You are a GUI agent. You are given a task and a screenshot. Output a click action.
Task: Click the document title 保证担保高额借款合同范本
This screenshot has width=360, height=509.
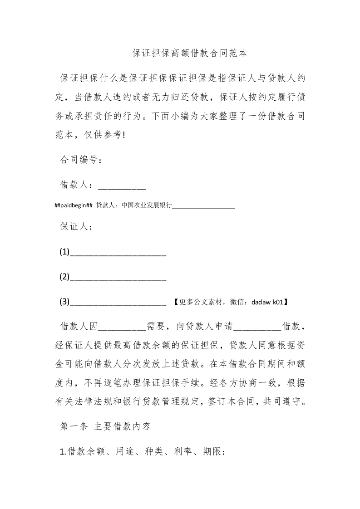pos(190,53)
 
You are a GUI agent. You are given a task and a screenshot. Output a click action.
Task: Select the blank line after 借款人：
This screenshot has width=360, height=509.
pos(122,186)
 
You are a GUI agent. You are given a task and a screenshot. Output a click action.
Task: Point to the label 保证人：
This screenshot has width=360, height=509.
pos(76,227)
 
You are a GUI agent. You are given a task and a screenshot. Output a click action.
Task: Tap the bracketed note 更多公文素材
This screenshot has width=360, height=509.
pos(200,302)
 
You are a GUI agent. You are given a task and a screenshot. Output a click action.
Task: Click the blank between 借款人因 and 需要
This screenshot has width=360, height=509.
pos(122,327)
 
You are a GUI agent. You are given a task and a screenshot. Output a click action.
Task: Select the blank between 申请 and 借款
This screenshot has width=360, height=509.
pos(259,327)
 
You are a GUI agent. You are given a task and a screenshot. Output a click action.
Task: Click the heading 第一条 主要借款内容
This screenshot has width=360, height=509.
pos(108,426)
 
